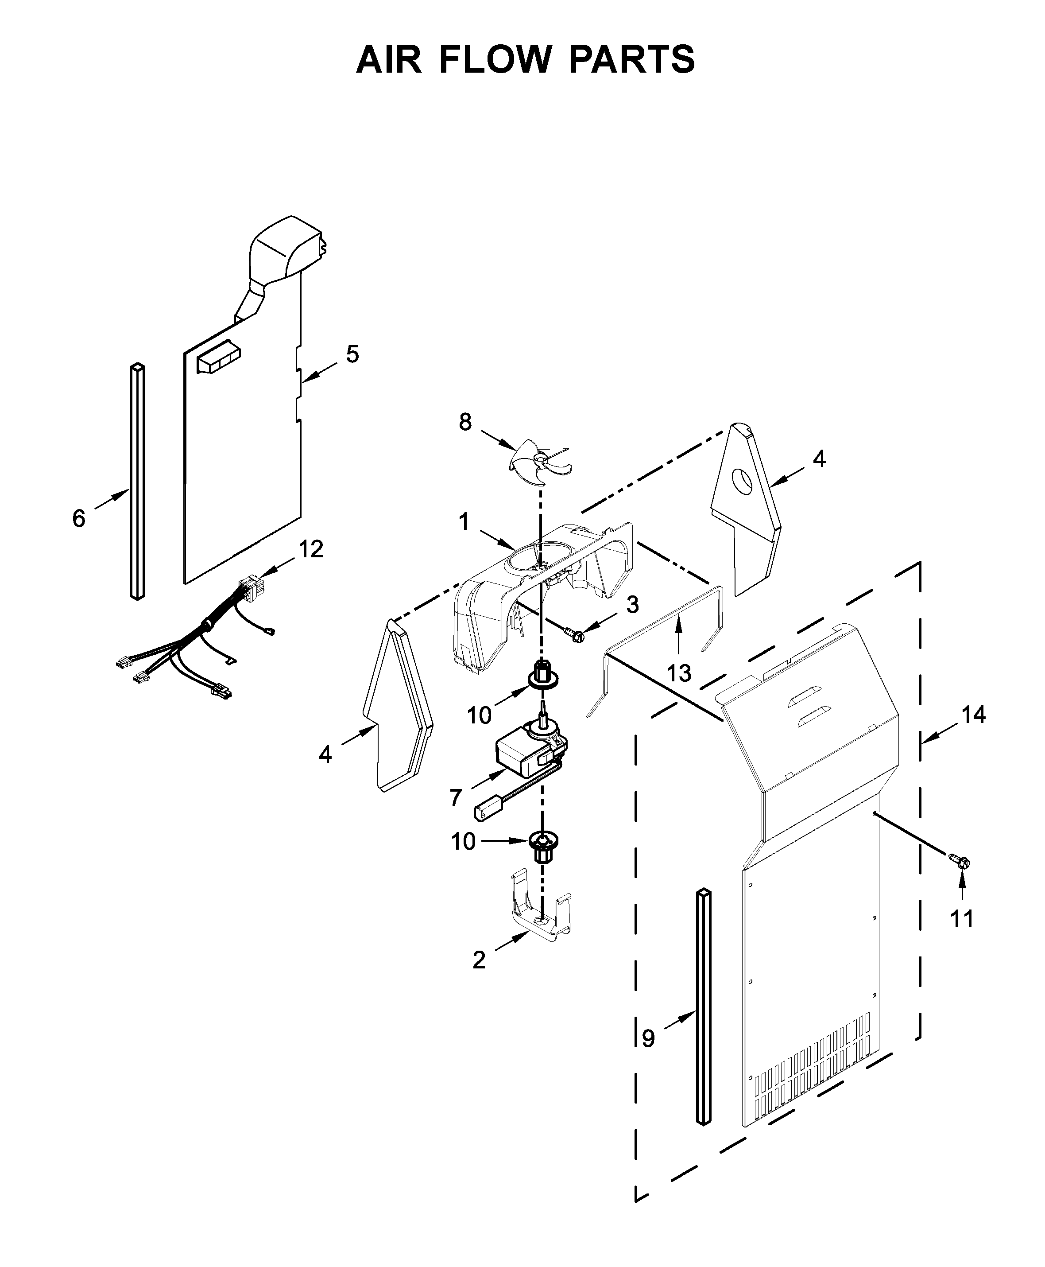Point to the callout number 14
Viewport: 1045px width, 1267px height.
click(x=973, y=715)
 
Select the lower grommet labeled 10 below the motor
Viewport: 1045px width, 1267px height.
click(x=543, y=845)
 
